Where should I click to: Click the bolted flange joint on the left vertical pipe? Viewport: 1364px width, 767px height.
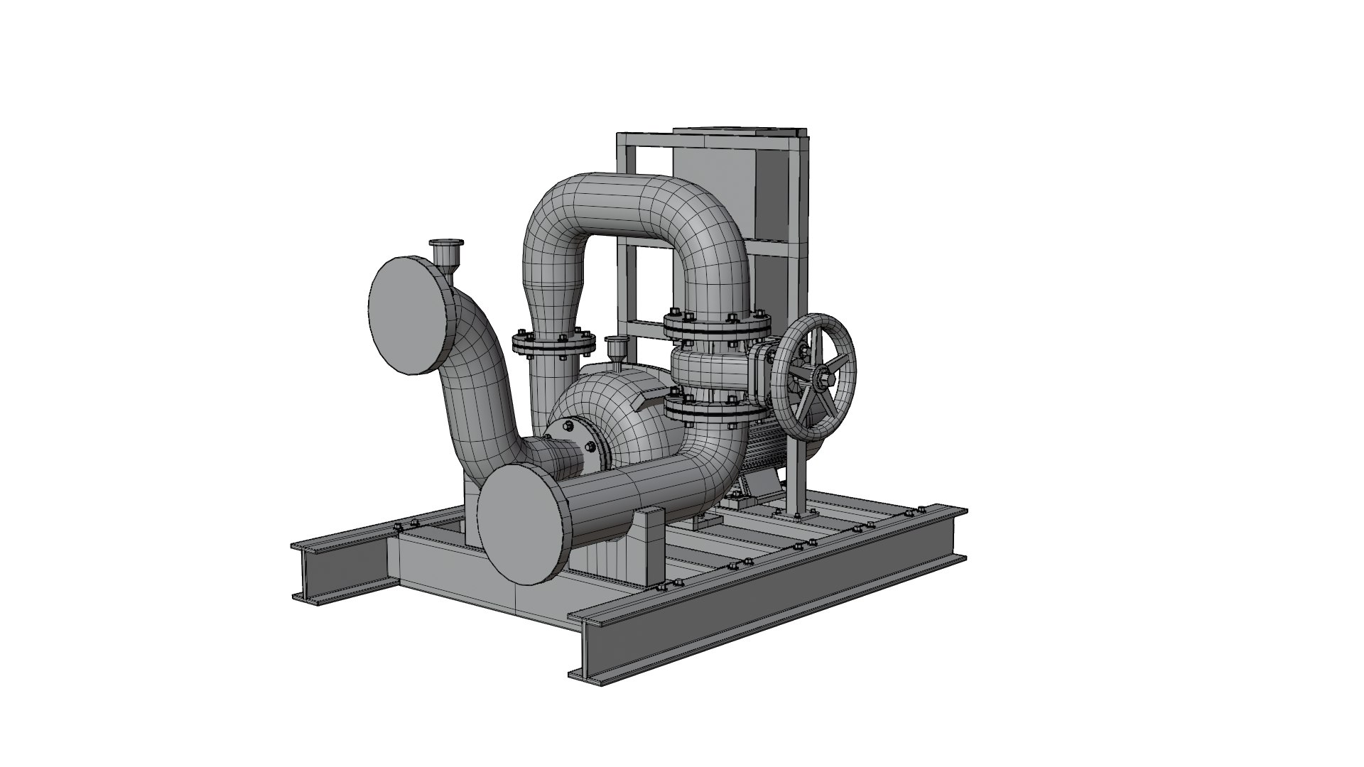[x=553, y=344]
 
